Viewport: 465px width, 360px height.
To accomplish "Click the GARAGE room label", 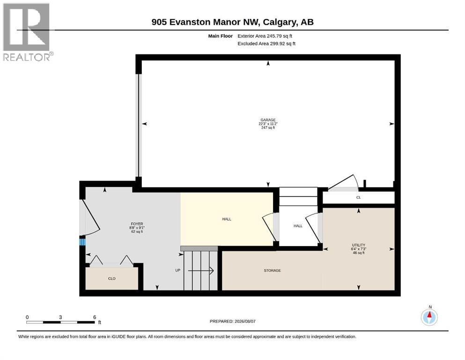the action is [x=268, y=120].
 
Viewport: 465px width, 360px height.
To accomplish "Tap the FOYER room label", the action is [x=137, y=224].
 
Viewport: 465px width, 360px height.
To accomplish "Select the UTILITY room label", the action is [x=359, y=245].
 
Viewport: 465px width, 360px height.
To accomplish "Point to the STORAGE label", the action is [x=272, y=270].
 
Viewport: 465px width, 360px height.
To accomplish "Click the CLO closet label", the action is [x=112, y=278].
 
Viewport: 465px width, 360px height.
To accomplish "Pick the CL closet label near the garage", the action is [x=359, y=197].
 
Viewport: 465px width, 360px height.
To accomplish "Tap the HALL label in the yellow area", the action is [x=227, y=219].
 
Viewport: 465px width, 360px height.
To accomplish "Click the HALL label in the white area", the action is [x=298, y=226].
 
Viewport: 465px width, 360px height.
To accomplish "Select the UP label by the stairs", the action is [x=177, y=270].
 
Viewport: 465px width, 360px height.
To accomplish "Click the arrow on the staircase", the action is [x=201, y=270].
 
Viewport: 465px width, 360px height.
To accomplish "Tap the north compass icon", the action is [x=429, y=317].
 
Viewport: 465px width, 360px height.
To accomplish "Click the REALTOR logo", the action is [x=28, y=32].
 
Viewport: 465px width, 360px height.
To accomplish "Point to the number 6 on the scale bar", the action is [x=95, y=317].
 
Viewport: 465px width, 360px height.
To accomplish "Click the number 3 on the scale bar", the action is [x=60, y=317].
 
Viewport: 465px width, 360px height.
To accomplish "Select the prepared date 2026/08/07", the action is [x=245, y=321].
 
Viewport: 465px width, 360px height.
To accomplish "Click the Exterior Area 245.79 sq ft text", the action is [x=265, y=36].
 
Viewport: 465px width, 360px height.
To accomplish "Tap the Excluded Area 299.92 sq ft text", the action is [x=266, y=43].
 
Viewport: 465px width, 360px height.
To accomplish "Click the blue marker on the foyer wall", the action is [x=82, y=242].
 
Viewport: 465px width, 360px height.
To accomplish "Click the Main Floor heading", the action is [x=221, y=36].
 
